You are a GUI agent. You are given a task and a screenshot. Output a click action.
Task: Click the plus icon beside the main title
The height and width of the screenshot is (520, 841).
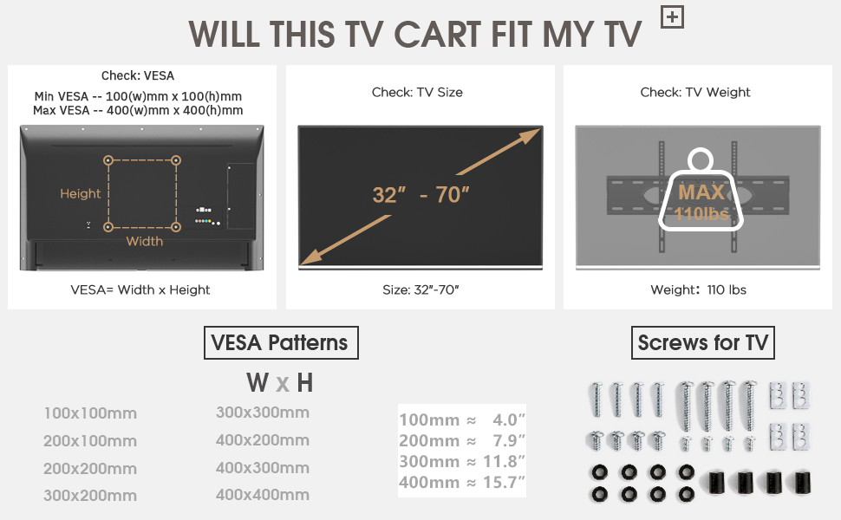coord(671,17)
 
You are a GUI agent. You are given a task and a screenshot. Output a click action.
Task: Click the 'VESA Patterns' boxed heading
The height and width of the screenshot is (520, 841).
coord(280,343)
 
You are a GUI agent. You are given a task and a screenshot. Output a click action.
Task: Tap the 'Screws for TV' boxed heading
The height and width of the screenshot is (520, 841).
coord(702,343)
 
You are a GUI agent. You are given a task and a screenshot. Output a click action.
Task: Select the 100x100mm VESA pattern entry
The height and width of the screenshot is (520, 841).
coord(90,413)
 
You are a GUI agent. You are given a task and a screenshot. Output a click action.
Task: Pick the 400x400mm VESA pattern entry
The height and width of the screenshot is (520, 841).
coord(262,495)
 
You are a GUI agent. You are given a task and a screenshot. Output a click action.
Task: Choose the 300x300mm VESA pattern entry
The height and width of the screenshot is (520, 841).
coord(262,413)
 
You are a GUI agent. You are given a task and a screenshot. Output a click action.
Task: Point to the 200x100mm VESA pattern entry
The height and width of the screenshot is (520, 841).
coord(90,441)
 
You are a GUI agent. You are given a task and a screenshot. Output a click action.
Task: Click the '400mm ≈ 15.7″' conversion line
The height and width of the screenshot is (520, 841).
coord(462,482)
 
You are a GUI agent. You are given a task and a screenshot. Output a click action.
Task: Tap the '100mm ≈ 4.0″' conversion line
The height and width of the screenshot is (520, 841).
coord(462,420)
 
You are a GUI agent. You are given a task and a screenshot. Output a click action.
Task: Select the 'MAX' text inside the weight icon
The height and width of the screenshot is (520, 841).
coord(701,192)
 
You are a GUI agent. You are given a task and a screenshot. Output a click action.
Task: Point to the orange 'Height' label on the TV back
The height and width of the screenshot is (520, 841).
coord(81,194)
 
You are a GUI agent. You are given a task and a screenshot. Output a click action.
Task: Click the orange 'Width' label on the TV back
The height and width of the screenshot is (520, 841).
coord(144,241)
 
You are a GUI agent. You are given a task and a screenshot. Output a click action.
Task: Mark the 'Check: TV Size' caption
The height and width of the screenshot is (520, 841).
coord(417,93)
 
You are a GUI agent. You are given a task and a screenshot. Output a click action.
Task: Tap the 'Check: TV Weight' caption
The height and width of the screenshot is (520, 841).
coord(695,93)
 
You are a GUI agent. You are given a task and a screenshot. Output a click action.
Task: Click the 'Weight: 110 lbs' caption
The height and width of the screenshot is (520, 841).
coord(698,290)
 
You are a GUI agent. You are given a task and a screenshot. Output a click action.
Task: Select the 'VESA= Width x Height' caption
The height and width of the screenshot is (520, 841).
coord(140,290)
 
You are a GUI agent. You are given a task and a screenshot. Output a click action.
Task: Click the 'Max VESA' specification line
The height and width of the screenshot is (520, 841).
coord(138,111)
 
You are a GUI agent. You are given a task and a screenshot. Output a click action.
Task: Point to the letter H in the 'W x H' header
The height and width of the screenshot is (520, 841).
coord(304,383)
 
